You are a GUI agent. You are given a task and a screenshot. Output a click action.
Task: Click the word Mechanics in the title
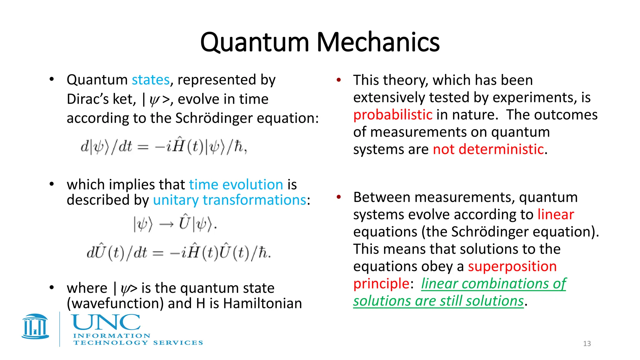[378, 42]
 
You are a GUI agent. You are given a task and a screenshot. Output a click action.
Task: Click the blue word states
[150, 80]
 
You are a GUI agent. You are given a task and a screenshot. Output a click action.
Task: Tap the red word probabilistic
[393, 115]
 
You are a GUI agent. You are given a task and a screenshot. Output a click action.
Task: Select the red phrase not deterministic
[488, 149]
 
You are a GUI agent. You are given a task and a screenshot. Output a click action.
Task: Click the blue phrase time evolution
[236, 185]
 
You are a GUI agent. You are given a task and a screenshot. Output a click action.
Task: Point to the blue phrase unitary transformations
[229, 200]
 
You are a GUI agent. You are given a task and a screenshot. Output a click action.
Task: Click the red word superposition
[512, 267]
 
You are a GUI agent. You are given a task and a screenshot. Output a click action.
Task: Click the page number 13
[587, 344]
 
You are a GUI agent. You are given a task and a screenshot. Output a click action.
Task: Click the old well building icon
[35, 327]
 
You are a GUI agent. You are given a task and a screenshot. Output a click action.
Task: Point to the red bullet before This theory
[338, 80]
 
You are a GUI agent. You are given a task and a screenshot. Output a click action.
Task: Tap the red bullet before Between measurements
[338, 197]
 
